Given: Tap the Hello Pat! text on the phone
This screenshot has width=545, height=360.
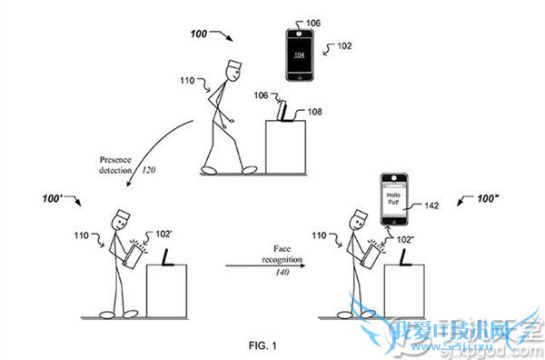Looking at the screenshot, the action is (x=393, y=199).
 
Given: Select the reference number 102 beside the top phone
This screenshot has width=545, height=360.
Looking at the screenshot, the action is (x=344, y=44).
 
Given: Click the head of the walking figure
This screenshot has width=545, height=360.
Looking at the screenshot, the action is (x=232, y=68).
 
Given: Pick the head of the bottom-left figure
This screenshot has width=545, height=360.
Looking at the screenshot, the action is (x=123, y=221).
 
